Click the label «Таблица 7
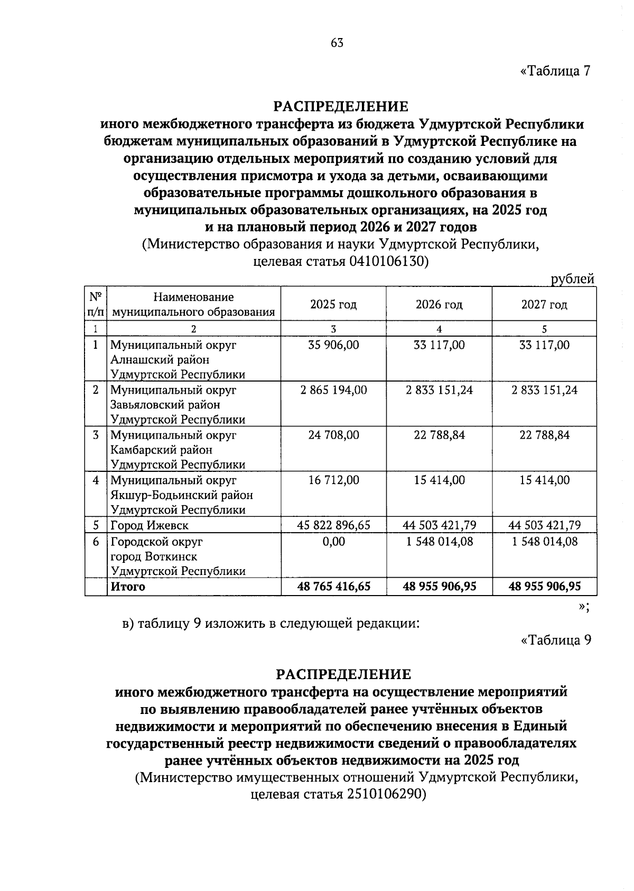(555, 71)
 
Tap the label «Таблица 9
(555, 640)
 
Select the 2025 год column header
(333, 304)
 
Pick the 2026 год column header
(439, 304)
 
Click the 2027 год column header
(544, 304)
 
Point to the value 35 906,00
(333, 345)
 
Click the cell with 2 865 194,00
(333, 390)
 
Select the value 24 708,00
(333, 435)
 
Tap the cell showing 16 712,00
(333, 480)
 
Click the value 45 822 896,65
(333, 525)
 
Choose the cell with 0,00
(333, 541)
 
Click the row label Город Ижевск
(150, 525)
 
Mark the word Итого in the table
(127, 586)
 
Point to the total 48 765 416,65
(333, 586)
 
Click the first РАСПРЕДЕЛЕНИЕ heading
(341, 107)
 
